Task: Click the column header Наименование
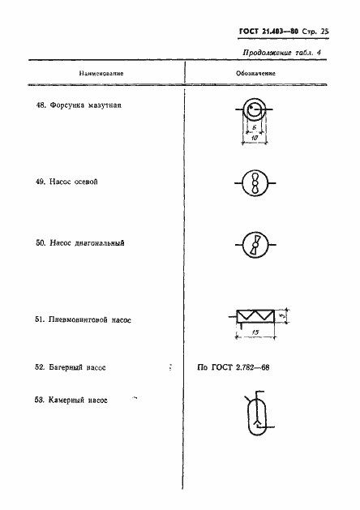click(x=101, y=72)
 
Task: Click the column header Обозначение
click(x=256, y=72)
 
